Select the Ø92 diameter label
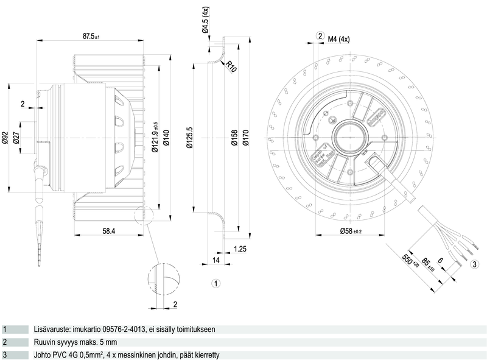click(5, 138)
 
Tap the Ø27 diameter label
click(18, 138)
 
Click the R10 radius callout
click(231, 66)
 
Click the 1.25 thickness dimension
click(240, 249)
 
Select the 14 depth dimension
click(215, 260)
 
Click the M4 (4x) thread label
click(338, 40)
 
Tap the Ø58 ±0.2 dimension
click(350, 231)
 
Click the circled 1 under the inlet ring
click(215, 283)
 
